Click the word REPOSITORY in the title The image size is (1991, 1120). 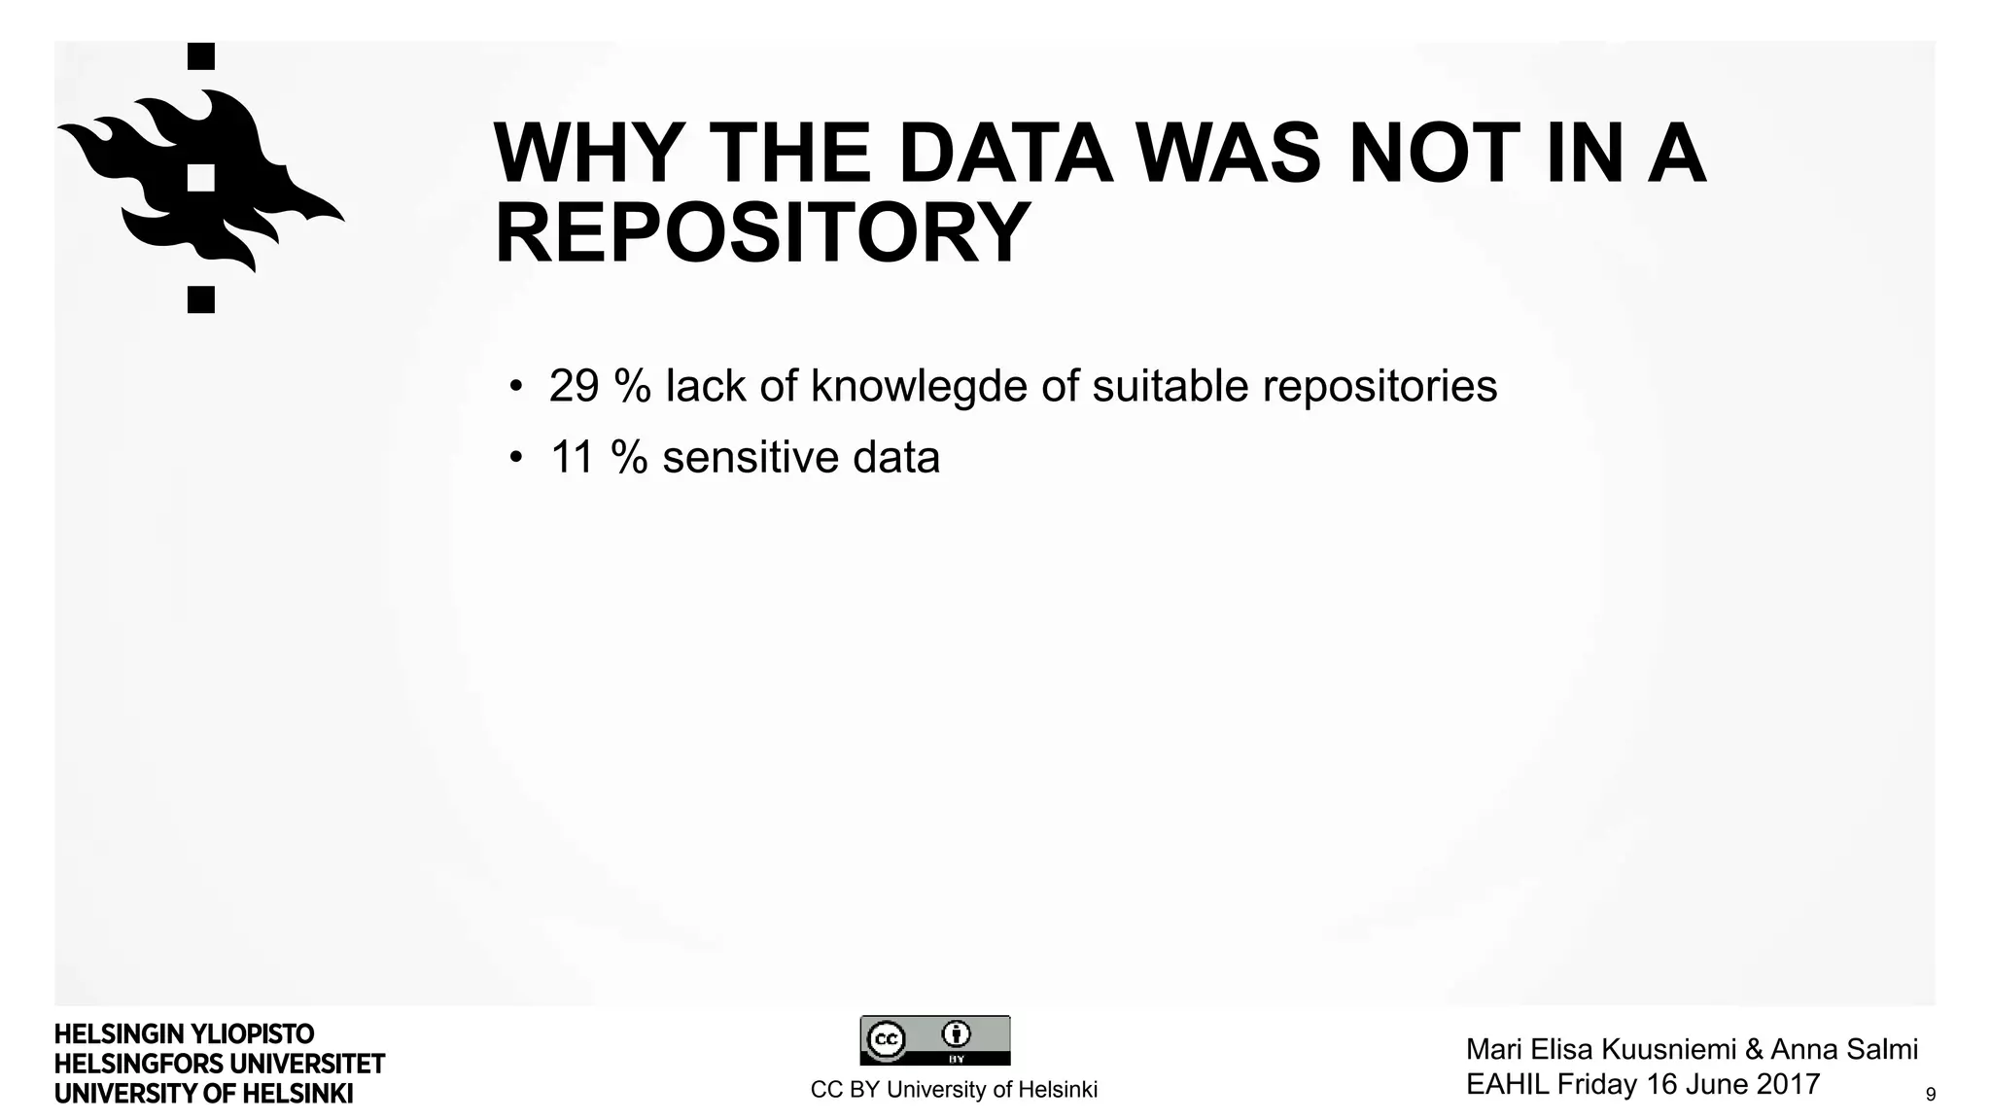click(x=762, y=233)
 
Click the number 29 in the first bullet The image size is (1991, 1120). click(x=574, y=386)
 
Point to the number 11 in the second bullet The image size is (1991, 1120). click(x=572, y=457)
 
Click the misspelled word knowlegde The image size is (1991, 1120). click(x=919, y=386)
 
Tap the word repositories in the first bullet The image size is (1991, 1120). click(x=1380, y=386)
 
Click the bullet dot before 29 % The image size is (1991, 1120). click(x=516, y=387)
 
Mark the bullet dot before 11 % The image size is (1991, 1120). click(x=516, y=458)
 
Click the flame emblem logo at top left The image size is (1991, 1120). click(x=200, y=179)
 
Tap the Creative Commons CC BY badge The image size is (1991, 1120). click(x=934, y=1040)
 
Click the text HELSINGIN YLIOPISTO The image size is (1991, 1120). click(x=184, y=1033)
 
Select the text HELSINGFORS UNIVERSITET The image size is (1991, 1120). click(x=220, y=1064)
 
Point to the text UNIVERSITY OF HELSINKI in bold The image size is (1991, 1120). click(x=203, y=1094)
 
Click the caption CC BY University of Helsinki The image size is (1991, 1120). click(x=954, y=1090)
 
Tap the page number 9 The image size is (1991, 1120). click(x=1930, y=1095)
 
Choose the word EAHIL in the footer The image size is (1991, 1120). click(x=1508, y=1084)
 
